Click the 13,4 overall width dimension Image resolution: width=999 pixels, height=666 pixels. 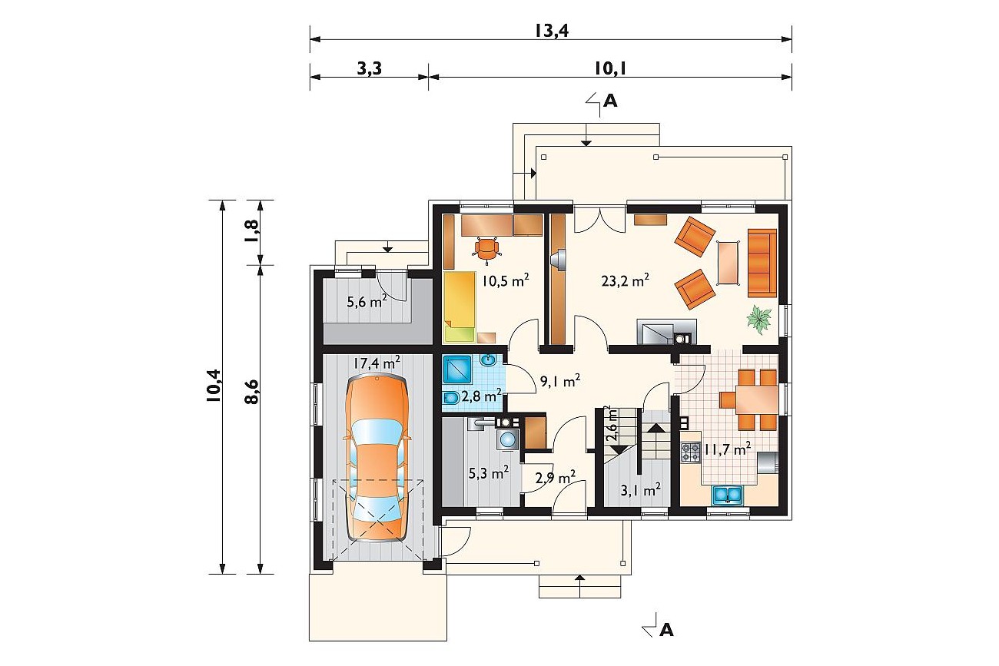point(551,31)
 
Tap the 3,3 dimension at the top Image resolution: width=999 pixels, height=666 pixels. point(370,68)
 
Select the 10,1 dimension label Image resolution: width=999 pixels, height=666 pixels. point(610,68)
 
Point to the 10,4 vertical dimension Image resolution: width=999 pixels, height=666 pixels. point(214,386)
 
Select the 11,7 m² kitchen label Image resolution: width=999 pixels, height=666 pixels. point(728,449)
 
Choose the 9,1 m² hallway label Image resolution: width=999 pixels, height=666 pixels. point(559,381)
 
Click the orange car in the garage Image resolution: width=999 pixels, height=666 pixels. point(377,457)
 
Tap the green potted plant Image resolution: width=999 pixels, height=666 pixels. point(759,320)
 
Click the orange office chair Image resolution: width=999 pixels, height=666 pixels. point(486,248)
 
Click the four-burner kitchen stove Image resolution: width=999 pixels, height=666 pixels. point(691,452)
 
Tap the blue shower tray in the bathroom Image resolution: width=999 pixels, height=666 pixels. point(457,369)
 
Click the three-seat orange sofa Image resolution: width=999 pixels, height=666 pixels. point(762,263)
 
